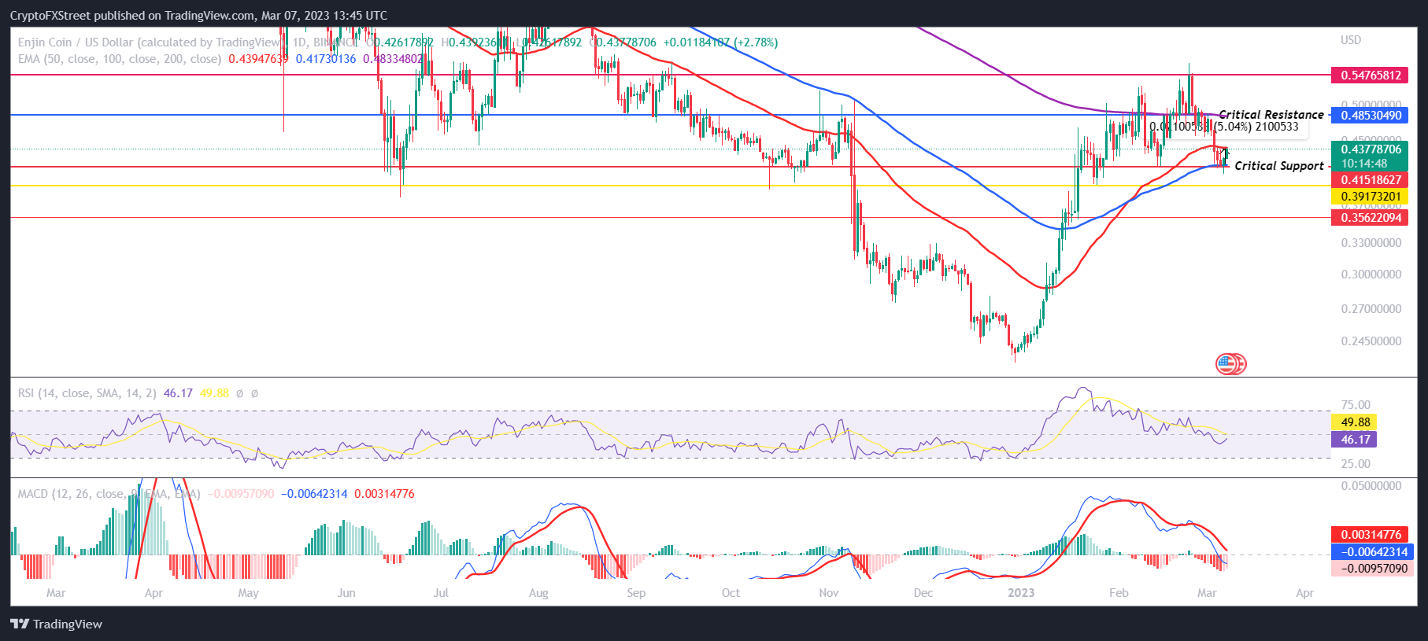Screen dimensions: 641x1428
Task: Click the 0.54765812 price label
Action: click(1371, 76)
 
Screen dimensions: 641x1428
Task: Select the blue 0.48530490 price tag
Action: click(1371, 116)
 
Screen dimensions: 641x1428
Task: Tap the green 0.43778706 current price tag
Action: click(1371, 149)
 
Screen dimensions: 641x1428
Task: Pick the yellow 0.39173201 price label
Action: click(1371, 197)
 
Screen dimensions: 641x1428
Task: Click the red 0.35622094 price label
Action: click(1371, 218)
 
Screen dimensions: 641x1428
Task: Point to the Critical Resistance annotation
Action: click(1271, 115)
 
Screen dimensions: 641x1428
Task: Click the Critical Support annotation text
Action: click(1278, 166)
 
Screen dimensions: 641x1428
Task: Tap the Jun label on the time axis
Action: click(346, 593)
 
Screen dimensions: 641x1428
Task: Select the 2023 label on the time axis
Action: click(1021, 593)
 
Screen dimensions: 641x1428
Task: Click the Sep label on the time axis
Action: click(636, 593)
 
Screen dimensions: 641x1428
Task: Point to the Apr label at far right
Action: click(1304, 593)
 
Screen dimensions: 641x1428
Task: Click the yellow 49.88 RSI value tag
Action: click(1355, 422)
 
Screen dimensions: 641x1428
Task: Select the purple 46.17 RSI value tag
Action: click(1355, 440)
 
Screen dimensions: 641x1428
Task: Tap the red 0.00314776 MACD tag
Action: click(1371, 535)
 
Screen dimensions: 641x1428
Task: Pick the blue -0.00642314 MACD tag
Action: click(1371, 552)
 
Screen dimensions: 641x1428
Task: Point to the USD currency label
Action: click(1351, 40)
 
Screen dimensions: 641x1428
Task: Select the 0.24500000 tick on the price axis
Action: click(1371, 341)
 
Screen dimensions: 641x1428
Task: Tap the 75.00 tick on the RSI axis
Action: click(1356, 405)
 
